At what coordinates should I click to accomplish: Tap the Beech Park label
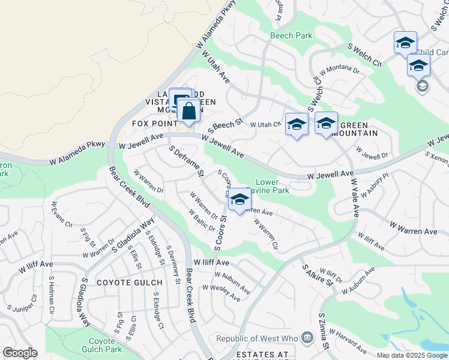[291, 36]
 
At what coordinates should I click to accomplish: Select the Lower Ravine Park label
[273, 186]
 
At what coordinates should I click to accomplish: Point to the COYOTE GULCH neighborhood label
[130, 283]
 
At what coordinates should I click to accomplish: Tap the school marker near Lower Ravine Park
[240, 200]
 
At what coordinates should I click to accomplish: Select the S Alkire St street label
[317, 275]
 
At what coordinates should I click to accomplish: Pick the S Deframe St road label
[187, 161]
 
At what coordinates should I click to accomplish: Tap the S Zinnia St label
[324, 331]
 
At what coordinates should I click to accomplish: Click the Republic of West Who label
[259, 339]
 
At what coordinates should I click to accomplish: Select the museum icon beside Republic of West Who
[307, 338]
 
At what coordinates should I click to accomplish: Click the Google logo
[20, 353]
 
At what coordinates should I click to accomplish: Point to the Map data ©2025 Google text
[412, 355]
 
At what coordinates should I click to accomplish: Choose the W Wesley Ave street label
[221, 292]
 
